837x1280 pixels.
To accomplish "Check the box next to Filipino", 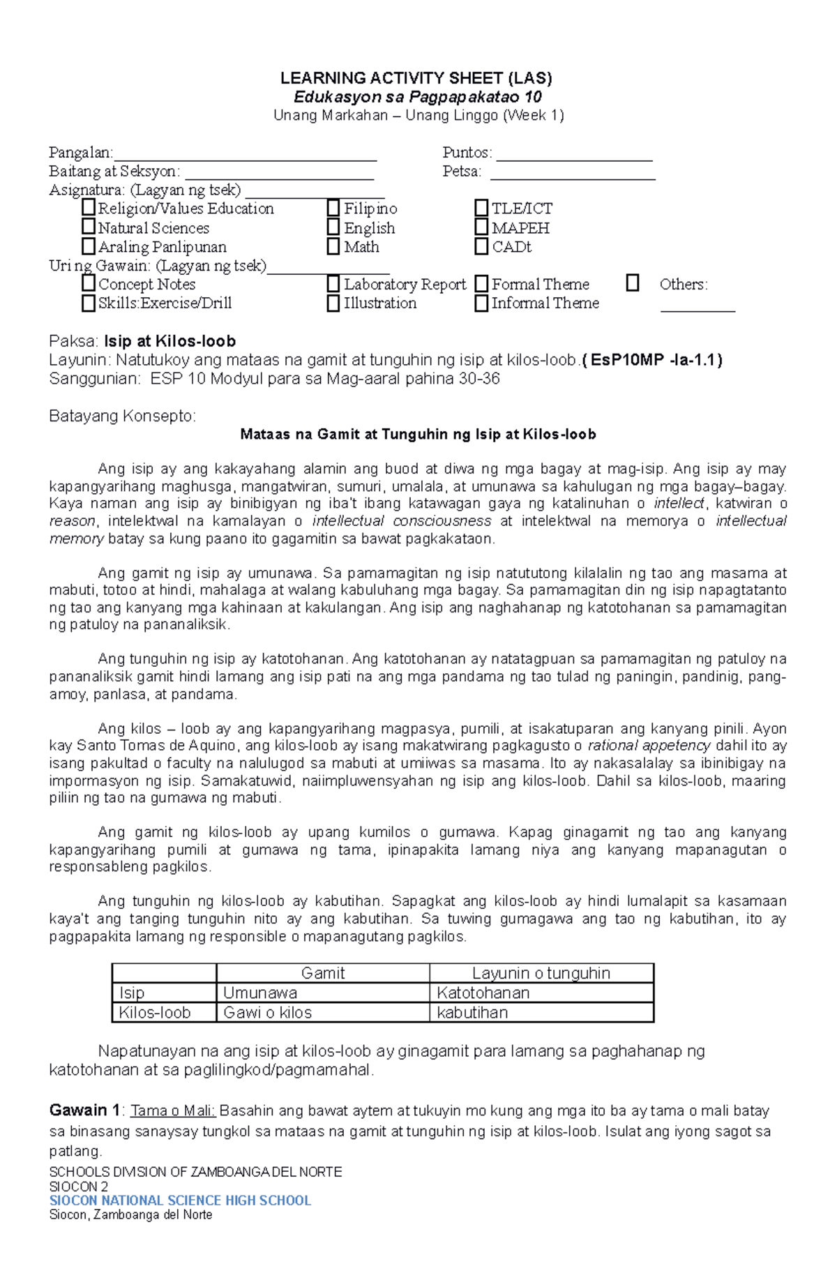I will coord(333,208).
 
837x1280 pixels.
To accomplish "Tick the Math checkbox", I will coord(333,246).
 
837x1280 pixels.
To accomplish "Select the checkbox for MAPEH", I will coord(481,227).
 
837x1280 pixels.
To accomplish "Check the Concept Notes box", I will coord(89,283).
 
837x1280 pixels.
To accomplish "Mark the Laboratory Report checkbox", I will coord(333,284).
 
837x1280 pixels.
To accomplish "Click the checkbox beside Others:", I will coord(633,283).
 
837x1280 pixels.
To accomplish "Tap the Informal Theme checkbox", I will coord(481,303).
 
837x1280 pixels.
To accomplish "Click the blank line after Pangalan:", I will coord(245,156).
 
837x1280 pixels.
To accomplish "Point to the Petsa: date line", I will coord(573,175).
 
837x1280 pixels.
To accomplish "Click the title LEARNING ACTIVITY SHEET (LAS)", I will coord(416,78).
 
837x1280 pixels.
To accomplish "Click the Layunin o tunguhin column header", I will coord(541,973).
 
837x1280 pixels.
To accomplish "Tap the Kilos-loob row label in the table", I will coord(155,1012).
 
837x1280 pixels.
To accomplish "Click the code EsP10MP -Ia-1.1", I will coord(652,360).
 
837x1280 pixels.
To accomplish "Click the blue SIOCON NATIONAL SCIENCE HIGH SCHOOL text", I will coord(180,1200).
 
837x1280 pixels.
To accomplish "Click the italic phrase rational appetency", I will coord(649,746).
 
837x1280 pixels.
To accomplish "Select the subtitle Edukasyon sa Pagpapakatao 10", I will coord(417,97).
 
